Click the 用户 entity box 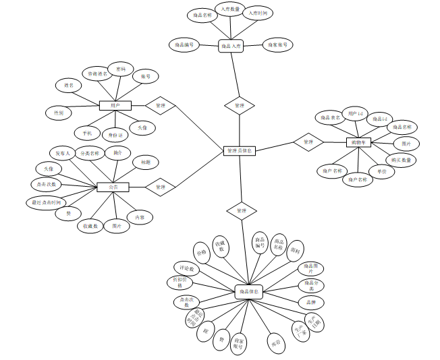115,106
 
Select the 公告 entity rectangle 113,187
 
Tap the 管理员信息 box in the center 239,151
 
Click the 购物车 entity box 359,142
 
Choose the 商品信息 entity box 248,292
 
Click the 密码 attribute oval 121,69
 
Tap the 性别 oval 59,113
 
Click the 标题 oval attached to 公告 146,162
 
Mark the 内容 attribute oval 139,217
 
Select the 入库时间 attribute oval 258,13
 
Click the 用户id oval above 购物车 356,112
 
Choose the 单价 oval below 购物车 382,171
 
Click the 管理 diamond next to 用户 161,106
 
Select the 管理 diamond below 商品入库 239,106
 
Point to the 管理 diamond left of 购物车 308,142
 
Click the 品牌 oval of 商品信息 311,302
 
